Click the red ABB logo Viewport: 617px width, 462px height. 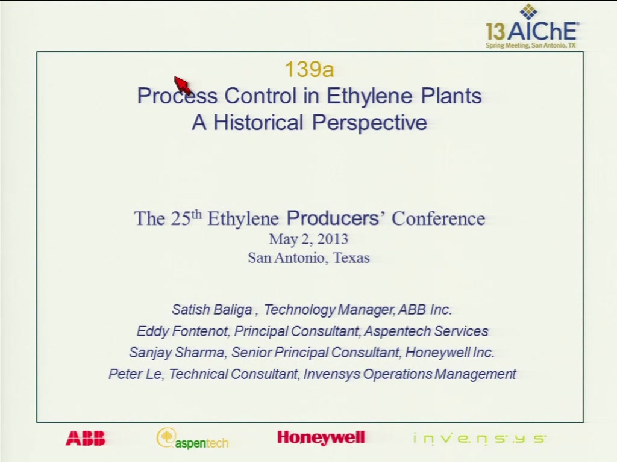coord(86,438)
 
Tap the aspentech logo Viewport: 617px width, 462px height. coord(192,439)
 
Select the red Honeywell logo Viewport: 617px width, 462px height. coord(321,438)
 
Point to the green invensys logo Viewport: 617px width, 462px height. coord(480,439)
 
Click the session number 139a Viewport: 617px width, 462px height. coord(309,70)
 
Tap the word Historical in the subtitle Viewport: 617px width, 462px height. coord(258,122)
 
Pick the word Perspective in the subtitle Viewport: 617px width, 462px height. coord(369,123)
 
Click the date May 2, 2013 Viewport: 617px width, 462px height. coord(308,239)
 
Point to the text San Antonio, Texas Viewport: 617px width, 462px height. coord(309,257)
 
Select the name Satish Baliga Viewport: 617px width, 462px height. coord(211,310)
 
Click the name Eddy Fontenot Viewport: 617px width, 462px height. coord(182,331)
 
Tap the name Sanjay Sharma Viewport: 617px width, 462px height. coord(177,353)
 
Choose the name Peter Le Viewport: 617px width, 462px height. coord(134,374)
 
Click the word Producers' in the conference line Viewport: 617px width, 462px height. coord(336,218)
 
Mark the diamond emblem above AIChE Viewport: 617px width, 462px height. coord(528,11)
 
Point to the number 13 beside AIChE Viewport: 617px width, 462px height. coord(495,31)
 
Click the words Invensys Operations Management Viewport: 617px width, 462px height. coord(410,374)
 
